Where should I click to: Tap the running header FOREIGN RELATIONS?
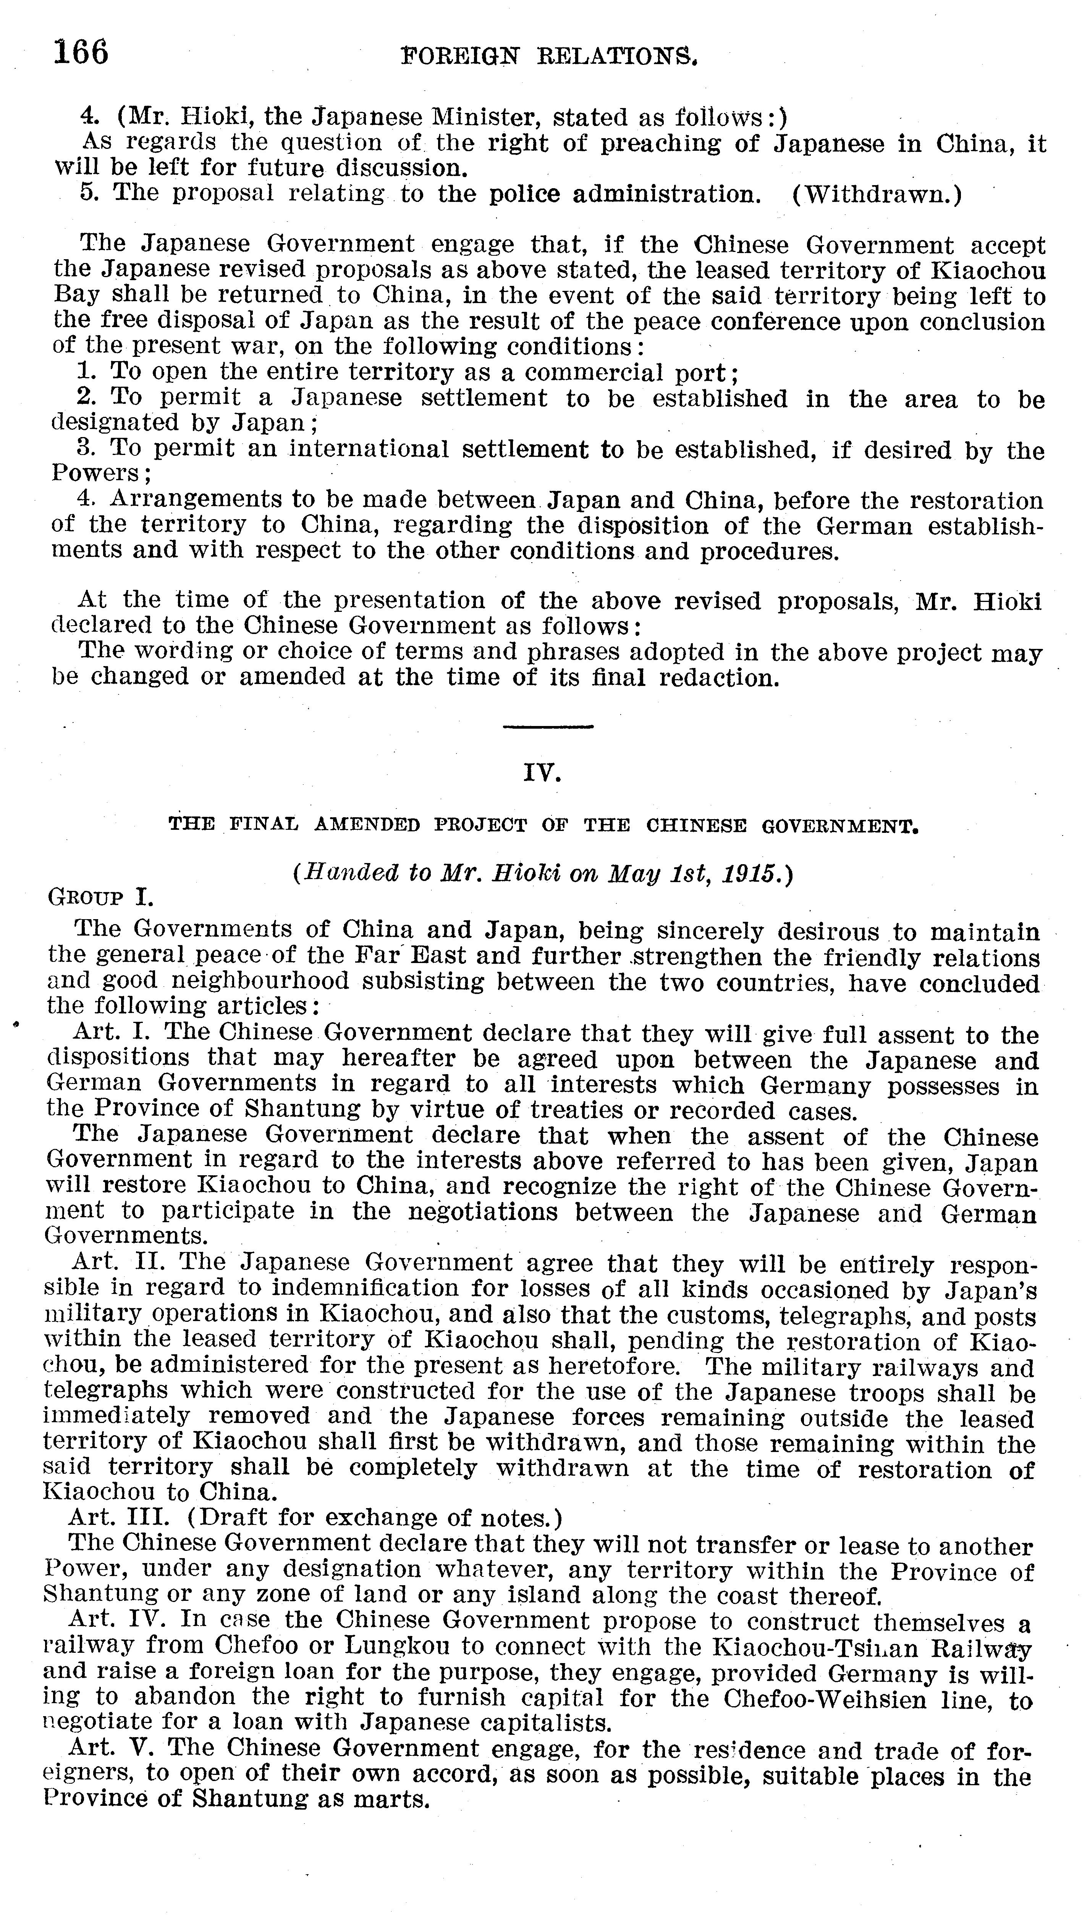point(549,56)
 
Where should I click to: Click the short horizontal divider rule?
point(548,726)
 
